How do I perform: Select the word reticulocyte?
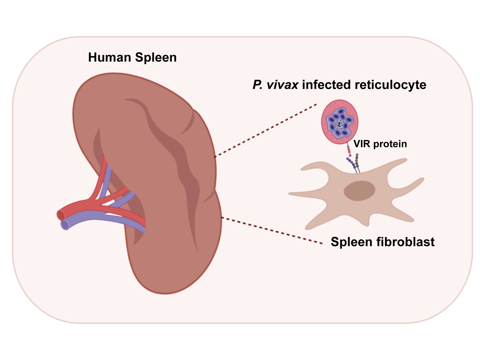(390, 85)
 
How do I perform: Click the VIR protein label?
(380, 144)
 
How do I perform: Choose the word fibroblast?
(405, 242)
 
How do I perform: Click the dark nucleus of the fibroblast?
(359, 191)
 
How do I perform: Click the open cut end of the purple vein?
(65, 225)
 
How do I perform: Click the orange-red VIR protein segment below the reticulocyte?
(349, 150)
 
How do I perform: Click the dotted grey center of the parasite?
(339, 123)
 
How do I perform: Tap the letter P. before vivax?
(258, 85)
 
